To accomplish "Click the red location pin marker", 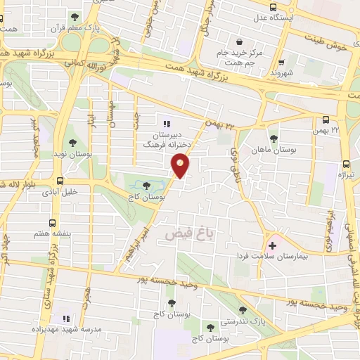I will point(181,165).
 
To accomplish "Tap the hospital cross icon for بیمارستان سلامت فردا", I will point(273,245).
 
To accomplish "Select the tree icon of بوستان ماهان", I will point(274,138).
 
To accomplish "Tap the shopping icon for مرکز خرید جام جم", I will point(241,41).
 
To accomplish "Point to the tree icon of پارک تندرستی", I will point(243,310).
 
